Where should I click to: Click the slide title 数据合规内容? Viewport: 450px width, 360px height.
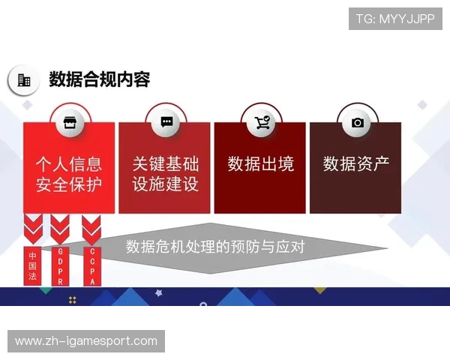(100, 79)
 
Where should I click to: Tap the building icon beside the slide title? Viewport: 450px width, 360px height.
(24, 80)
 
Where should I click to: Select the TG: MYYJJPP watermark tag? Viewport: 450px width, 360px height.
(395, 19)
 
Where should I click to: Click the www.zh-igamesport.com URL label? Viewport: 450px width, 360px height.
(86, 341)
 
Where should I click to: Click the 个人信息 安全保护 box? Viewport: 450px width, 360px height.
(69, 173)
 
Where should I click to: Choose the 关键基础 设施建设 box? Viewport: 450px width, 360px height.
(165, 173)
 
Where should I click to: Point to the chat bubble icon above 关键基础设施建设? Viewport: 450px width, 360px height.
(166, 122)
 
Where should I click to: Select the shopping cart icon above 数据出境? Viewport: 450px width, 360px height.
(262, 122)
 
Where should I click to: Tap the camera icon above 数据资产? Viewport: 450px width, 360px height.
(358, 122)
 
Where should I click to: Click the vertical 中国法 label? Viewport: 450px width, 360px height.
(32, 265)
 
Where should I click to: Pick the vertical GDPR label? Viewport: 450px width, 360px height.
(60, 266)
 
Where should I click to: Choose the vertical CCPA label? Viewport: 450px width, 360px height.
(92, 266)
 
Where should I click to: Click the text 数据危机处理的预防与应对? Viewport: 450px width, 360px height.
(214, 247)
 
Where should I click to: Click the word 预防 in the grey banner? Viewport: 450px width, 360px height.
(244, 247)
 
